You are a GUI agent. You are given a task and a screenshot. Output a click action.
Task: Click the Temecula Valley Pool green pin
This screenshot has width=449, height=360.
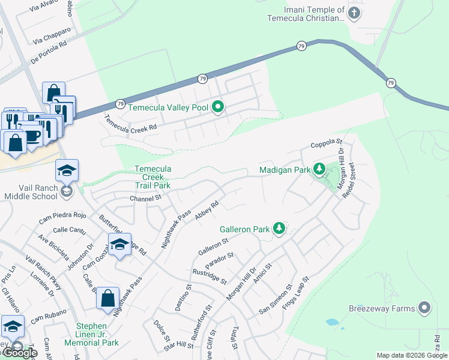tap(218, 108)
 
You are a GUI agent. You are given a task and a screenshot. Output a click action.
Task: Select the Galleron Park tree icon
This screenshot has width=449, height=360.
tap(279, 229)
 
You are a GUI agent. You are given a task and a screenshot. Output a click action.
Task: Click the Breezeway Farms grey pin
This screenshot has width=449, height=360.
tap(424, 308)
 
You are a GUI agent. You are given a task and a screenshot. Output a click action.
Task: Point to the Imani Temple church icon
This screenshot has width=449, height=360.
tap(354, 14)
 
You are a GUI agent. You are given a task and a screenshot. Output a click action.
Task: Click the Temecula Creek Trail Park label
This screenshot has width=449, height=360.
tap(152, 177)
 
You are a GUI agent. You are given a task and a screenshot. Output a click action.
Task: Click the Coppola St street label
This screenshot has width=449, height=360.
tap(326, 145)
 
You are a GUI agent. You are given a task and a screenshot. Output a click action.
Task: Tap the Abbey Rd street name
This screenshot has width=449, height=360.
tap(206, 211)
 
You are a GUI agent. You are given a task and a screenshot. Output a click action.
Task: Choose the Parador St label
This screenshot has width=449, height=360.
tap(218, 262)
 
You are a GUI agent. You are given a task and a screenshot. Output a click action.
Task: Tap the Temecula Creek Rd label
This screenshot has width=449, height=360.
tap(131, 123)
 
